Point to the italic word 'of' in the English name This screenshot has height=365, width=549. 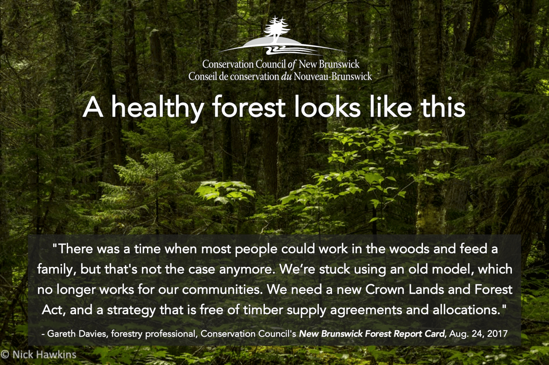[292, 64]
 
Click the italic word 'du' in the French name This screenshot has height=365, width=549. [286, 77]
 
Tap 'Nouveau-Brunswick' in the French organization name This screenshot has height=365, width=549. [333, 77]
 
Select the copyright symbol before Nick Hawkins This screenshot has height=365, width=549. [5, 355]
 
